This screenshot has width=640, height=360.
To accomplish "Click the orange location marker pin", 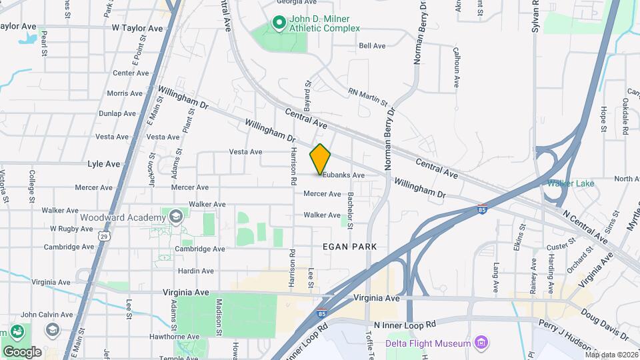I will pyautogui.click(x=321, y=159).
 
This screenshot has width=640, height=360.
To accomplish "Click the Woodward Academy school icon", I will pyautogui.click(x=175, y=217).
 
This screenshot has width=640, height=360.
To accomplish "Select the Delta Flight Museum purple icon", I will pyautogui.click(x=481, y=343).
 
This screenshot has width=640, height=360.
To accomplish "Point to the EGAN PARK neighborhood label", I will pyautogui.click(x=350, y=247).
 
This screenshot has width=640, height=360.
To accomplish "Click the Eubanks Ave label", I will pyautogui.click(x=343, y=175).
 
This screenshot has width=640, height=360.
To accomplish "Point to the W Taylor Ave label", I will pyautogui.click(x=137, y=29).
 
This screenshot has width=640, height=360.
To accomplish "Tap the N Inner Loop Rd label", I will pyautogui.click(x=405, y=323).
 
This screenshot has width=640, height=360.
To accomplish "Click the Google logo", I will pyautogui.click(x=22, y=351).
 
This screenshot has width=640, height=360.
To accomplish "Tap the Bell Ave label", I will pyautogui.click(x=372, y=46).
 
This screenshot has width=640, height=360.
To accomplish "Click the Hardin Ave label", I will pyautogui.click(x=195, y=271).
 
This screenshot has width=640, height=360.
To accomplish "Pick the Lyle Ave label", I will pyautogui.click(x=103, y=163).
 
